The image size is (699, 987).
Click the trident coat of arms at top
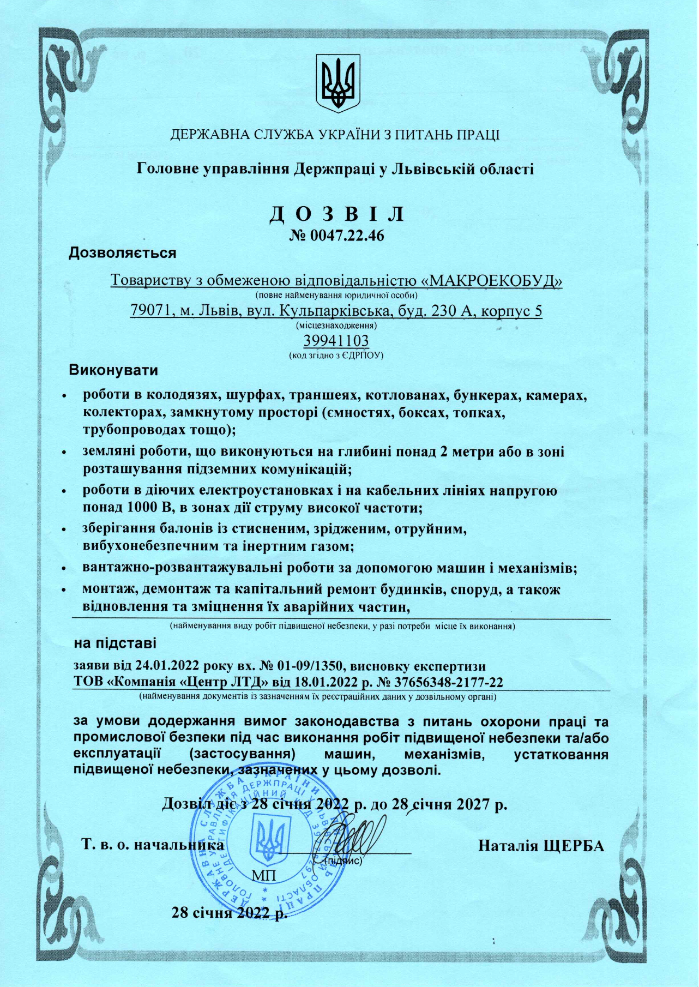[x=338, y=83]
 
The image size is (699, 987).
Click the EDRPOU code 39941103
[x=336, y=340]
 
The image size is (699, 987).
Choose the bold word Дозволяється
[x=122, y=253]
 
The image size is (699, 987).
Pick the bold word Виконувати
[x=113, y=371]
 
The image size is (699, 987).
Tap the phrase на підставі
[x=115, y=643]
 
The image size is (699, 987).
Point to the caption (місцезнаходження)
[x=336, y=326]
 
